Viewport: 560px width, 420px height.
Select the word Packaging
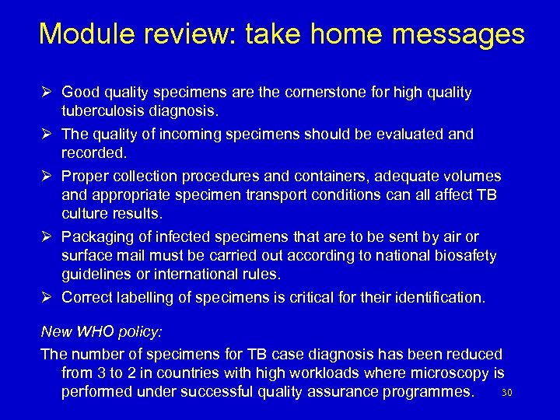click(x=96, y=236)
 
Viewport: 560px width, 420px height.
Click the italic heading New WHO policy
click(x=101, y=331)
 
